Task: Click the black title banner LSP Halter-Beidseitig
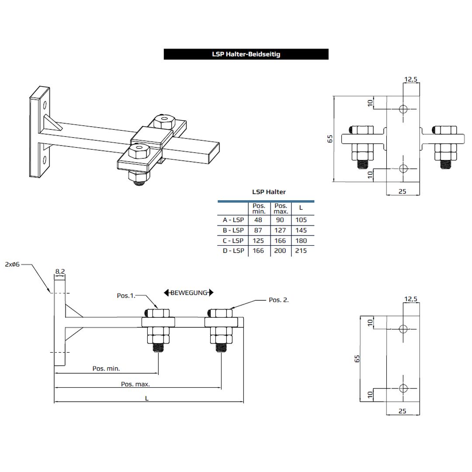246,54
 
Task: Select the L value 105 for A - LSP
301,220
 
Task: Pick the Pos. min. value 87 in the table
258,230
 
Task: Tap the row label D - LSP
233,251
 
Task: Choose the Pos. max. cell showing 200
280,251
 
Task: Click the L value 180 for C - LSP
301,240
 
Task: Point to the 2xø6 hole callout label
12,264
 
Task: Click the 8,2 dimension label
60,271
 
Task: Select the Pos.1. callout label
126,295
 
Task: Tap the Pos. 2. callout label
278,300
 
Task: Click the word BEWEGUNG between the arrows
188,293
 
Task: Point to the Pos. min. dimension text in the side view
106,368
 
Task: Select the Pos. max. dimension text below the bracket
135,384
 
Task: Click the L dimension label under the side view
147,398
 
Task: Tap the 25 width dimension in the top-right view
403,191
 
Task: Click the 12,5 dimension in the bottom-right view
411,299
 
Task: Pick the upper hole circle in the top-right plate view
403,108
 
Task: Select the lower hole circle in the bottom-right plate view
403,388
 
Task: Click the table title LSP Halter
269,192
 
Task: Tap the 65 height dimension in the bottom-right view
357,358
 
